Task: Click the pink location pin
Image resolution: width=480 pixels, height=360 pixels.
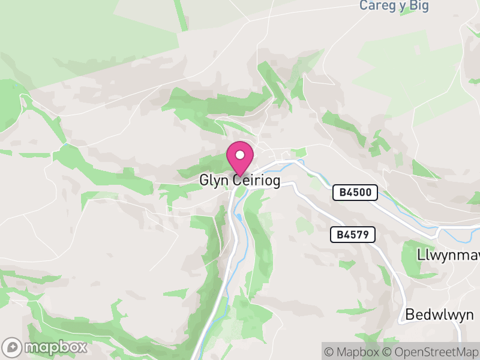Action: click(240, 158)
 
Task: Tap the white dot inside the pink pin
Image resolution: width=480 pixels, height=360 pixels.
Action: click(240, 155)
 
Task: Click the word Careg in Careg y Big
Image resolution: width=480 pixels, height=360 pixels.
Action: click(374, 5)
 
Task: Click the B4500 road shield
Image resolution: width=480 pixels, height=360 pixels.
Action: click(356, 193)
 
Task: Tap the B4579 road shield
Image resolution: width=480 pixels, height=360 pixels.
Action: click(353, 235)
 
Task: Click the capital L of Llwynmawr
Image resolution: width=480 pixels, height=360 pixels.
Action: click(420, 254)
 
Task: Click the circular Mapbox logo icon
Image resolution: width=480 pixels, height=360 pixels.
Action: click(13, 347)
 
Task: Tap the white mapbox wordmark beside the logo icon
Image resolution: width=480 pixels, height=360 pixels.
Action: click(55, 347)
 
